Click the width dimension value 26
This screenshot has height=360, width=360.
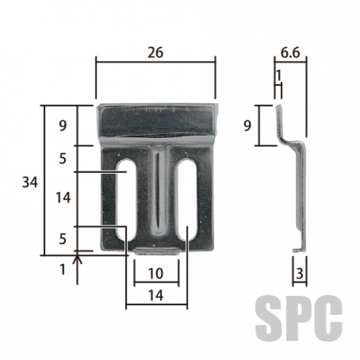[x=155, y=52]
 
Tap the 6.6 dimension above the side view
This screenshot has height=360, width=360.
[x=290, y=53]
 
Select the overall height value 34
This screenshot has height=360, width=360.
[x=30, y=183]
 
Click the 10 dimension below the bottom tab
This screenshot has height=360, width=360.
[x=156, y=273]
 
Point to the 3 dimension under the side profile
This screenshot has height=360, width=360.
[x=299, y=274]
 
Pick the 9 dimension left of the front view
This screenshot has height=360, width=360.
[x=62, y=125]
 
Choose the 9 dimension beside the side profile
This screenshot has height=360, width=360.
[x=247, y=125]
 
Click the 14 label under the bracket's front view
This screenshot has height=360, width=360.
[x=156, y=295]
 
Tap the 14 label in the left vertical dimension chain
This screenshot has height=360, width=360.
[x=63, y=197]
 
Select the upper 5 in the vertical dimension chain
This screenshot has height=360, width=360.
[x=62, y=158]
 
